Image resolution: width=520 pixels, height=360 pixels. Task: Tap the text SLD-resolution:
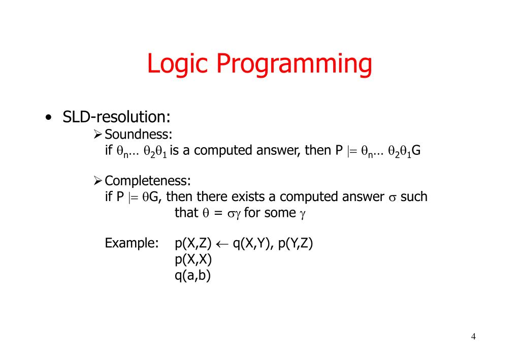coord(116,117)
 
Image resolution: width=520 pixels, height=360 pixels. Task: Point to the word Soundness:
coord(138,135)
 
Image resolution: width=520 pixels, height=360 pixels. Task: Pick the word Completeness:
coord(148,181)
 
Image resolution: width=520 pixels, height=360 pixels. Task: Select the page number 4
coord(473,337)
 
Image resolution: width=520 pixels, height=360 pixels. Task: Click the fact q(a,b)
coord(192,275)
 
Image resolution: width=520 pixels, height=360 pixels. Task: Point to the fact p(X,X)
coord(193,259)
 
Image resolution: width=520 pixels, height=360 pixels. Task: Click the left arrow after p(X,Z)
coord(222,244)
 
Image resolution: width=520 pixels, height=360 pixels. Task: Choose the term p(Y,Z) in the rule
coord(296,244)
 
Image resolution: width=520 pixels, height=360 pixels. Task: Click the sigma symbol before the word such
coord(392,198)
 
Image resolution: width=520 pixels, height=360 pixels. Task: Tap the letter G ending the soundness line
coord(416,150)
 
